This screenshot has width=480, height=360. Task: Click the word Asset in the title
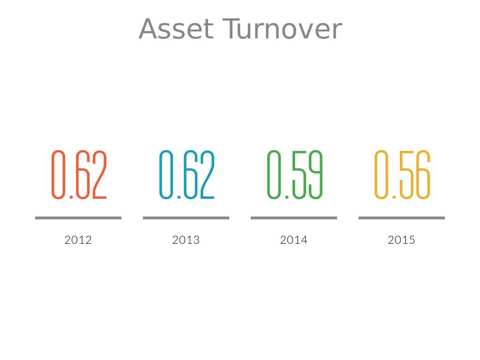point(176,29)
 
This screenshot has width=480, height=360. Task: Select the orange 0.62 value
point(79,174)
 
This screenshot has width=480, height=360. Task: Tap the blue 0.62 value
point(187,174)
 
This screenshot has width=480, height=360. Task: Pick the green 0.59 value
point(295,174)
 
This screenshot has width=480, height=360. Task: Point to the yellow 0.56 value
point(403,174)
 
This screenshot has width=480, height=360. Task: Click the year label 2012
point(78,240)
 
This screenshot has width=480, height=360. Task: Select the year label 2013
point(186,240)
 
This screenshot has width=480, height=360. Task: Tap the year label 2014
point(293,240)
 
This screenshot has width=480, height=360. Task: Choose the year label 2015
point(401,240)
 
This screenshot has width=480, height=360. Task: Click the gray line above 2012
point(78,218)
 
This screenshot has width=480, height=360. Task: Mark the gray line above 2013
point(186,218)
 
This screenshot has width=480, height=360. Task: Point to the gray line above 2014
point(294,218)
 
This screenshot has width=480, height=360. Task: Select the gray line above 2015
point(402,218)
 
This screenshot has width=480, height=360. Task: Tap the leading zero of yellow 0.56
point(375,174)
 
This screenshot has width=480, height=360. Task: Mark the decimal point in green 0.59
point(287,197)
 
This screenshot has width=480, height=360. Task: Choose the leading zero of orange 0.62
point(52,174)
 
